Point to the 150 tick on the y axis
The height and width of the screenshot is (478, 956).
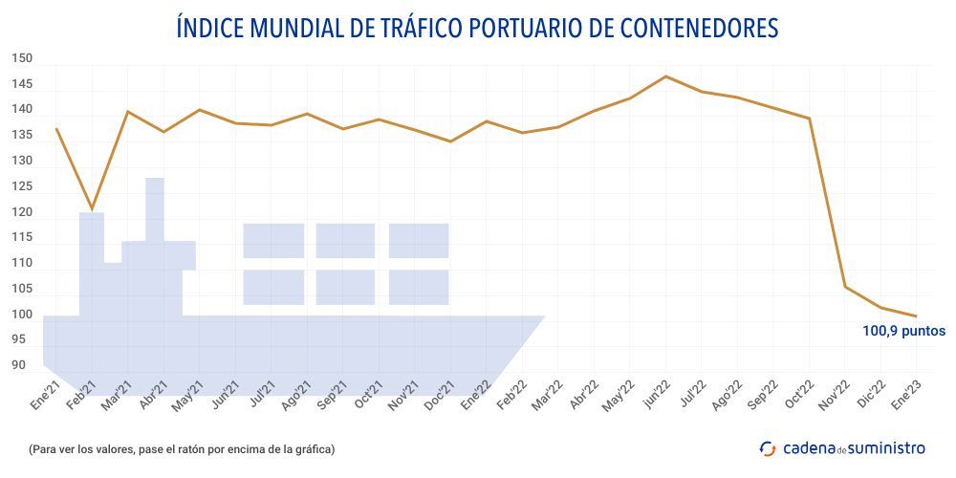pos(22,59)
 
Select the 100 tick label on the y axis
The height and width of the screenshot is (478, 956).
pos(22,315)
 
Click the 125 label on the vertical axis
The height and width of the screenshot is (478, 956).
pos(22,187)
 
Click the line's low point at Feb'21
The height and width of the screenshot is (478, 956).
pos(93,209)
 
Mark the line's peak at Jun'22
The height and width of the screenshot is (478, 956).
pos(666,76)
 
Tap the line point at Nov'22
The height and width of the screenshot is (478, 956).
pos(845,287)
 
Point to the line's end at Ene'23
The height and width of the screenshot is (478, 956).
pos(917,316)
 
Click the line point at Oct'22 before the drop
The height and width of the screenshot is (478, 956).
pos(810,119)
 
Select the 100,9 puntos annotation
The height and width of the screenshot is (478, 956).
pos(903,332)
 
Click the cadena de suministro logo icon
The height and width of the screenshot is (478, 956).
pos(768,447)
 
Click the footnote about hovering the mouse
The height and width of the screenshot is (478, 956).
pos(182,448)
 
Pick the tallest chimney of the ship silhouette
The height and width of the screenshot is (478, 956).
pos(155,208)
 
